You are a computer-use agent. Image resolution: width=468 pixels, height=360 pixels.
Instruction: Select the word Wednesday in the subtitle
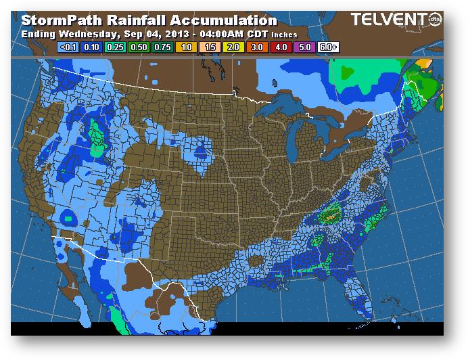[85, 34]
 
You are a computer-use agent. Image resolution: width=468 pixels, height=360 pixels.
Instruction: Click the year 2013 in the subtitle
[169, 34]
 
